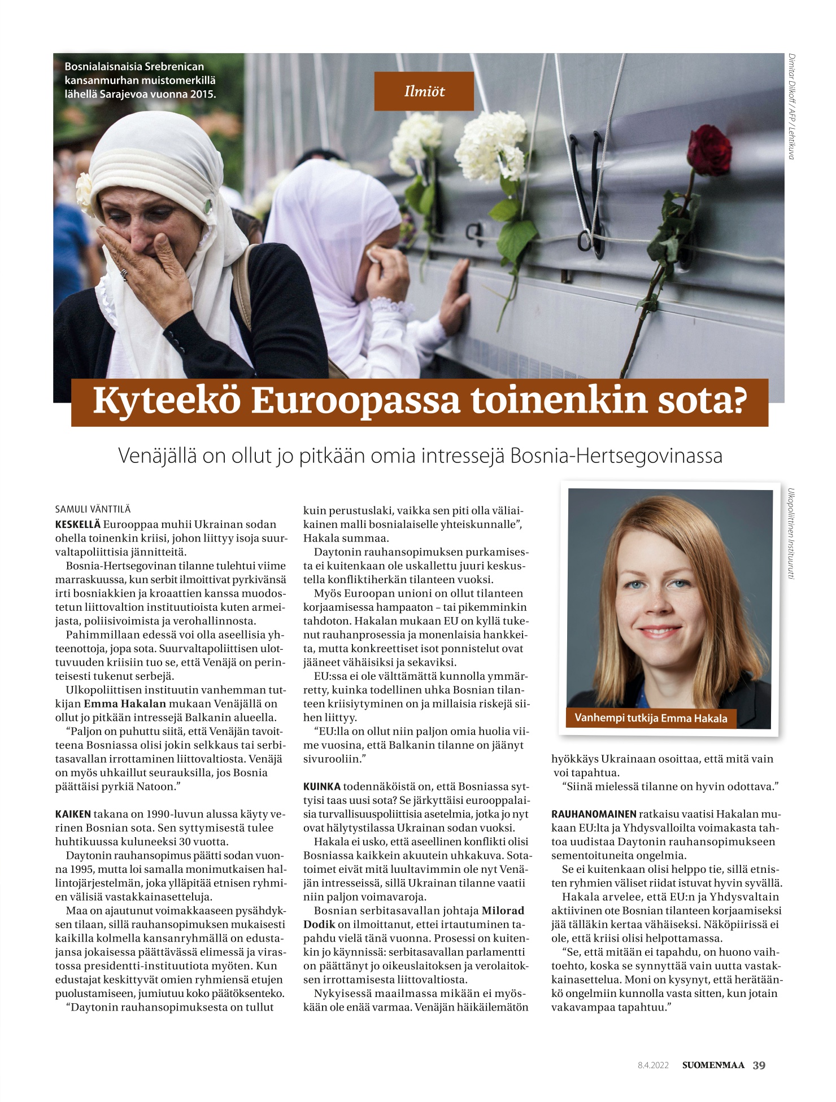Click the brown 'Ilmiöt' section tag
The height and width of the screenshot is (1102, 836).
pos(424,91)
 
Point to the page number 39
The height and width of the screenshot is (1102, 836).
pos(759,1065)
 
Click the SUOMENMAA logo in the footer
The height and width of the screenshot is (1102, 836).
pos(713,1065)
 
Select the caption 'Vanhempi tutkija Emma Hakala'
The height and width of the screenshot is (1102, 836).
pos(651,718)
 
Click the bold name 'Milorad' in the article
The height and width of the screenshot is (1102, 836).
pos(503,911)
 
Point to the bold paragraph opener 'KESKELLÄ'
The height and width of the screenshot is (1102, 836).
pos(78,524)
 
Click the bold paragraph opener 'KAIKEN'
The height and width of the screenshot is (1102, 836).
pos(73,814)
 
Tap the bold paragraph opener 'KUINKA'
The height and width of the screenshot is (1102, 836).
pos(322,786)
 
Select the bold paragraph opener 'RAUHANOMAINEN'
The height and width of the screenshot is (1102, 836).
pos(594,814)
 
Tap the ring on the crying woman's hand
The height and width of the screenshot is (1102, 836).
pos(124,274)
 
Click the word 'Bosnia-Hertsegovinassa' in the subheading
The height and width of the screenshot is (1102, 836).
pos(616,456)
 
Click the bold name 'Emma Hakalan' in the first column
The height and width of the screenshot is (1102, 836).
pos(125,703)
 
